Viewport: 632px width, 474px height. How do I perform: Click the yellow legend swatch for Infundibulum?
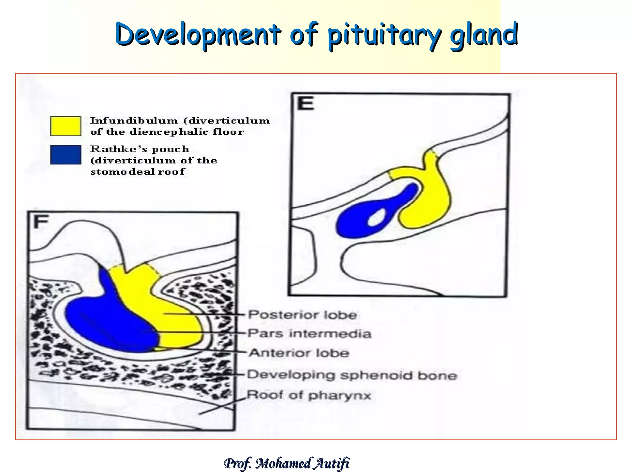(x=66, y=126)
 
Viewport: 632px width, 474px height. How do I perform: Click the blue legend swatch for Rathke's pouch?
(x=66, y=155)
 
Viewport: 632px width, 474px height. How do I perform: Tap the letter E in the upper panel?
(x=306, y=103)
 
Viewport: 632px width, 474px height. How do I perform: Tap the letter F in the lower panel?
(x=41, y=222)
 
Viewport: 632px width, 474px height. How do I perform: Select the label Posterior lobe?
(x=302, y=315)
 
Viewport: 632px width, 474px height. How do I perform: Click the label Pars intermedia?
(x=309, y=334)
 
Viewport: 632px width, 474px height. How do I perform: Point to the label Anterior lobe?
(x=299, y=353)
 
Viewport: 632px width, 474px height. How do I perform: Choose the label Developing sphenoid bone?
(x=352, y=375)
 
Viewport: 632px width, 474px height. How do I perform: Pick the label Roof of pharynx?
(x=309, y=395)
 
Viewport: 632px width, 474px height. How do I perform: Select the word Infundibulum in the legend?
(x=134, y=120)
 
